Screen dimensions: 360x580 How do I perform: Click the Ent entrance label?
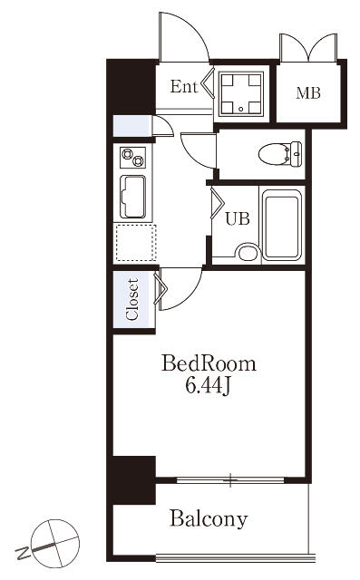click(184, 87)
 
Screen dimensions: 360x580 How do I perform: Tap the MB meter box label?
click(307, 92)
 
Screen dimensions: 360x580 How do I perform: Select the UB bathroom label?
click(238, 218)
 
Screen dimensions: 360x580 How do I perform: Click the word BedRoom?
click(209, 363)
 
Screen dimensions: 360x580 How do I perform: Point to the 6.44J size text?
click(209, 386)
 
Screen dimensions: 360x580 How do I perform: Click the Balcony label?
click(209, 518)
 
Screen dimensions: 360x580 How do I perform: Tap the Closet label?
click(132, 299)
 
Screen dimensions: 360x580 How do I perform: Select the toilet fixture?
click(280, 153)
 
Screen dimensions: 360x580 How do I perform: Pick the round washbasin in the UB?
click(248, 253)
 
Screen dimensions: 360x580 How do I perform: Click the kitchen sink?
click(132, 197)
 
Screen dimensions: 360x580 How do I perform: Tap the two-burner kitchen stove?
click(132, 157)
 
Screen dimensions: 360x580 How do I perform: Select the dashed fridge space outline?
click(136, 243)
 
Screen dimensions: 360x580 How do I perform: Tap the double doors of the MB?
click(308, 47)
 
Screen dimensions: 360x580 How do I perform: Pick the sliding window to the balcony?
click(230, 480)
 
